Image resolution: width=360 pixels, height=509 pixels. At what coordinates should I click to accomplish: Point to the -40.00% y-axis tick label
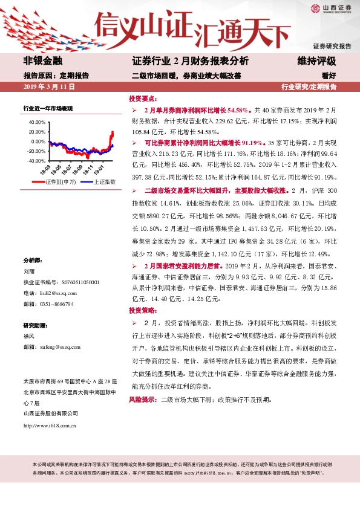click(x=36, y=161)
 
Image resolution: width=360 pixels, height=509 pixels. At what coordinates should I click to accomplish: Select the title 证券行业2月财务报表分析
click(x=190, y=61)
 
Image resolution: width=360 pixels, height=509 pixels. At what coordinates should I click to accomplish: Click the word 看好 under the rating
click(x=329, y=76)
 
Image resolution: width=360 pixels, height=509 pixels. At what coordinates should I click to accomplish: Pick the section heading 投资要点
click(x=143, y=98)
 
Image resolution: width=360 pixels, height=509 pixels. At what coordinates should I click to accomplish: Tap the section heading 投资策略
click(x=143, y=310)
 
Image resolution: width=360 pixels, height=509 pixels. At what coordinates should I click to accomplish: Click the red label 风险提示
click(x=143, y=400)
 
